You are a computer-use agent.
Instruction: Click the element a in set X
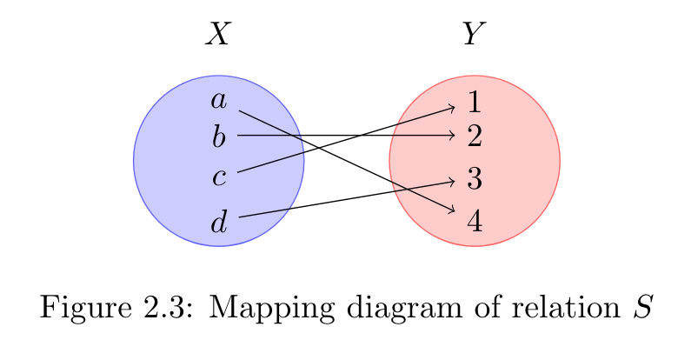pos(219,102)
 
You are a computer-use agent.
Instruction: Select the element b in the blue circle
pos(219,136)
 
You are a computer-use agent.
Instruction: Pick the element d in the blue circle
pos(219,223)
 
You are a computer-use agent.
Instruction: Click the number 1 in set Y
pos(474,103)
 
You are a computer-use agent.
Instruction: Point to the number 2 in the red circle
pos(474,136)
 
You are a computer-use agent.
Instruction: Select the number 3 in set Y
pos(474,179)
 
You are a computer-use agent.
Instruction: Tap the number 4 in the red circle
pos(474,221)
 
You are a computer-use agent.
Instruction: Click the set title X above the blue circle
pos(218,35)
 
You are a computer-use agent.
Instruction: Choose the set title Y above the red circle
pos(474,35)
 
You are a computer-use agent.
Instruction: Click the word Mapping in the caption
pos(262,310)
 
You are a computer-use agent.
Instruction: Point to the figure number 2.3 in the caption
pos(160,309)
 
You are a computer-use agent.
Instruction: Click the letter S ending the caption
pos(641,309)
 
